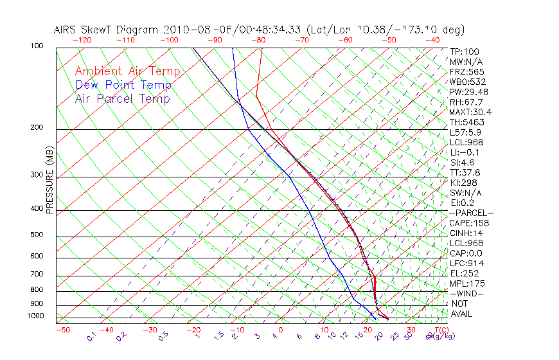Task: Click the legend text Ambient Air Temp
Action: pos(127,72)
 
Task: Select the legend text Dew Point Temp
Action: pos(123,85)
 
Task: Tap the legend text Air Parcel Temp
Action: pos(122,99)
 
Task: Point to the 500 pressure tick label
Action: pos(37,235)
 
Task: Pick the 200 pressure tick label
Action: pos(37,127)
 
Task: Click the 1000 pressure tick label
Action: pos(35,316)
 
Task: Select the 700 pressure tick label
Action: pos(37,274)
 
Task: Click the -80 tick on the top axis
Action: pos(258,40)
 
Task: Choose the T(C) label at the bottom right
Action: pos(437,330)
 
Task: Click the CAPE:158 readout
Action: pos(469,223)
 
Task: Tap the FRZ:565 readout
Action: pos(467,71)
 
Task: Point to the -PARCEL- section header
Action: pos(471,213)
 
